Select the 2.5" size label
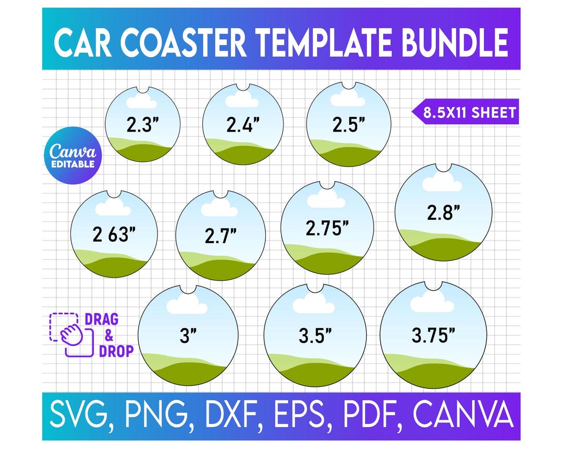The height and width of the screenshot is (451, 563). pos(349,125)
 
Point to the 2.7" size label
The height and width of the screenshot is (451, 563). pos(221,236)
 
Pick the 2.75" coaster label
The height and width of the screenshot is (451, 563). pos(327,228)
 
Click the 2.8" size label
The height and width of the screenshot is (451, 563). pos(444,212)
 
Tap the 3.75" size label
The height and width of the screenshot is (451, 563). pos(434,336)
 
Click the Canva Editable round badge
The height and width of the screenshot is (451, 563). pos(72,156)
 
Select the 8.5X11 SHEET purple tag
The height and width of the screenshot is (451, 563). pos(466,112)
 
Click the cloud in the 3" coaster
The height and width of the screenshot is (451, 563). pos(187,304)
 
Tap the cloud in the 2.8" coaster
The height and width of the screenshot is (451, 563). pos(442,182)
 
